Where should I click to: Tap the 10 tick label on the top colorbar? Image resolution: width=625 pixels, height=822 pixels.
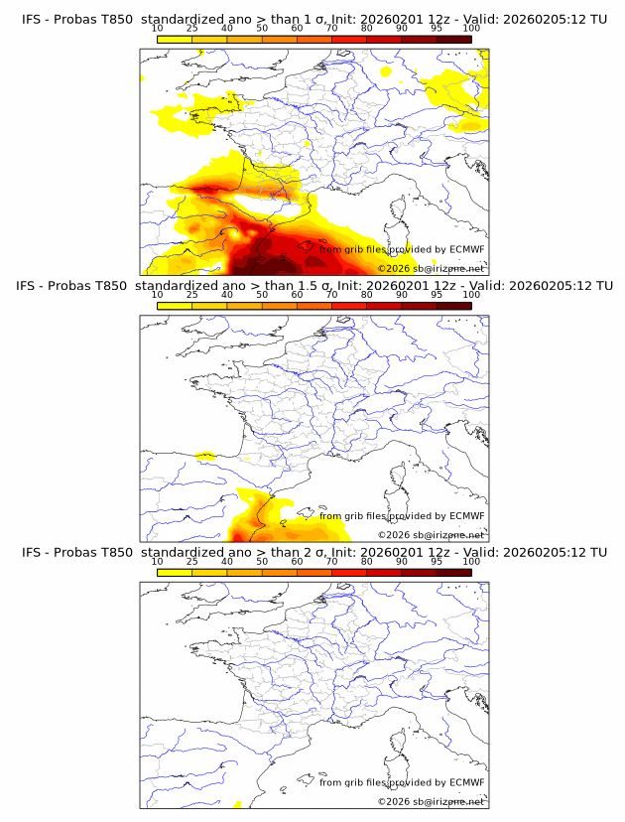point(157,29)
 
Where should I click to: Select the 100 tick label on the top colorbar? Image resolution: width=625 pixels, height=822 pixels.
point(471,29)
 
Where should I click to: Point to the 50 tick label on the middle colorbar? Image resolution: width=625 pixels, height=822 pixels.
point(262,295)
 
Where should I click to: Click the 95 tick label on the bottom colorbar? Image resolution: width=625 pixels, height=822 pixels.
point(437,561)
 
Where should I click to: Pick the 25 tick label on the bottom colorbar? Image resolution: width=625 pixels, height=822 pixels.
point(191,561)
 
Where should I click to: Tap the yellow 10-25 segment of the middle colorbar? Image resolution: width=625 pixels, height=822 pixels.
point(175,305)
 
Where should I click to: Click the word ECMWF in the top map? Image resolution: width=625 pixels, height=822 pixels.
point(467,250)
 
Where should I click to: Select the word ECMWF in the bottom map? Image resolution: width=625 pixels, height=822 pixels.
point(467,782)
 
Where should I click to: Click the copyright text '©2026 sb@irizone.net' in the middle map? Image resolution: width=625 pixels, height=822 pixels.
point(432,534)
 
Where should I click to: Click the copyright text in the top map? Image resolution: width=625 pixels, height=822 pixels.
point(432,268)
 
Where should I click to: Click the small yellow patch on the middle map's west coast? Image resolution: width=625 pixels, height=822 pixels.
point(206,457)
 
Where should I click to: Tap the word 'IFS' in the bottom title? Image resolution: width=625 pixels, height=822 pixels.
point(32,552)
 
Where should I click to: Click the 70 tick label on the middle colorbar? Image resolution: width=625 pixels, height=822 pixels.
point(331,295)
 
